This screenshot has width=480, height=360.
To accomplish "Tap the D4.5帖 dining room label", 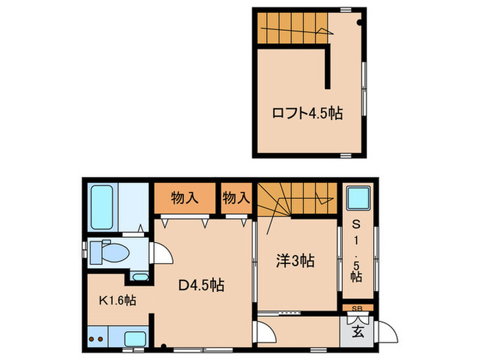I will pyautogui.click(x=201, y=283).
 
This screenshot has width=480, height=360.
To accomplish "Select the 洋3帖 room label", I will pyautogui.click(x=296, y=261).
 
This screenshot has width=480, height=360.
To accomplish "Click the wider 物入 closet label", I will pyautogui.click(x=185, y=197).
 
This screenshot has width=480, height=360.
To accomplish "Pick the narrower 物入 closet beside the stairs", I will pyautogui.click(x=237, y=197).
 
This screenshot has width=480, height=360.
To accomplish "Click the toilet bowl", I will pyautogui.click(x=111, y=252).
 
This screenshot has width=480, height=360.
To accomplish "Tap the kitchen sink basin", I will pyautogui.click(x=134, y=338).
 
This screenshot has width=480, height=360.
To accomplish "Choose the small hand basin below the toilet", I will pyautogui.click(x=140, y=277).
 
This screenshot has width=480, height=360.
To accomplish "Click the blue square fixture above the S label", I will pyautogui.click(x=357, y=199).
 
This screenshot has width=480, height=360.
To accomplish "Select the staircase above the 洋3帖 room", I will pyautogui.click(x=298, y=199).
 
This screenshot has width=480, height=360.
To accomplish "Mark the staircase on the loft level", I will pyautogui.click(x=291, y=29).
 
